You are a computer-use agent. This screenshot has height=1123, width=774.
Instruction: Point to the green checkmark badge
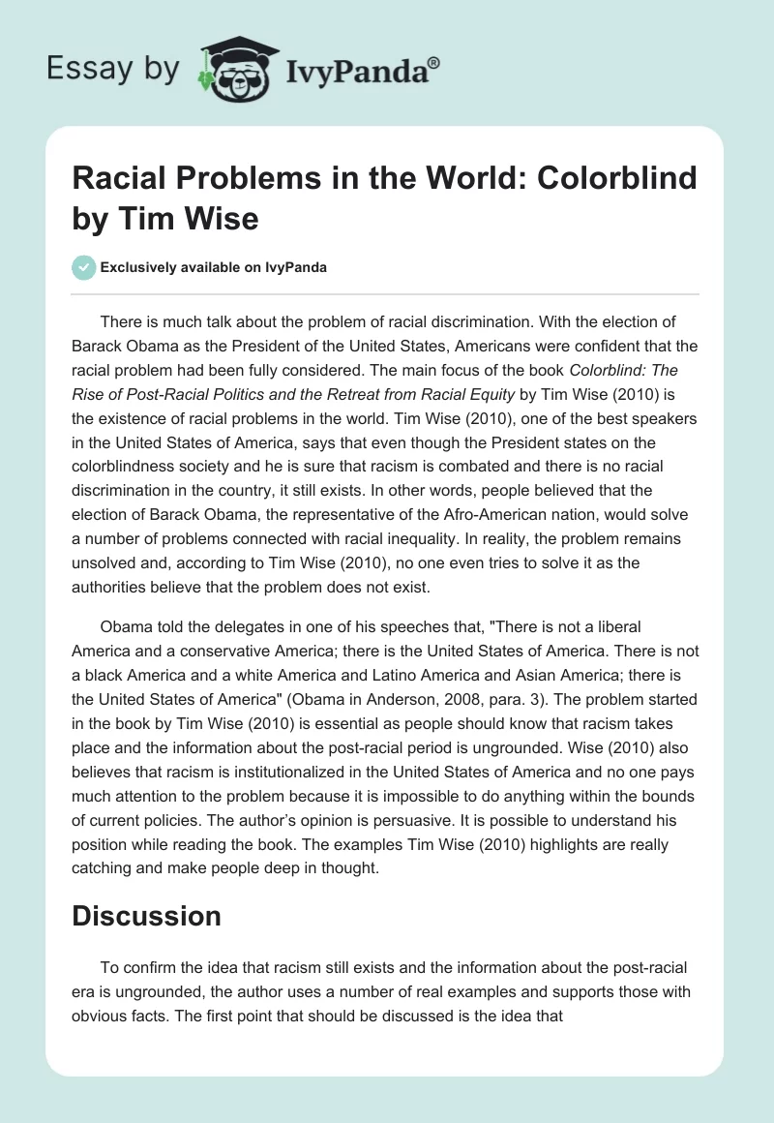coord(84,267)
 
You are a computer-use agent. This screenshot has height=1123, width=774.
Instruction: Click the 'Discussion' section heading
coord(146,915)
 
